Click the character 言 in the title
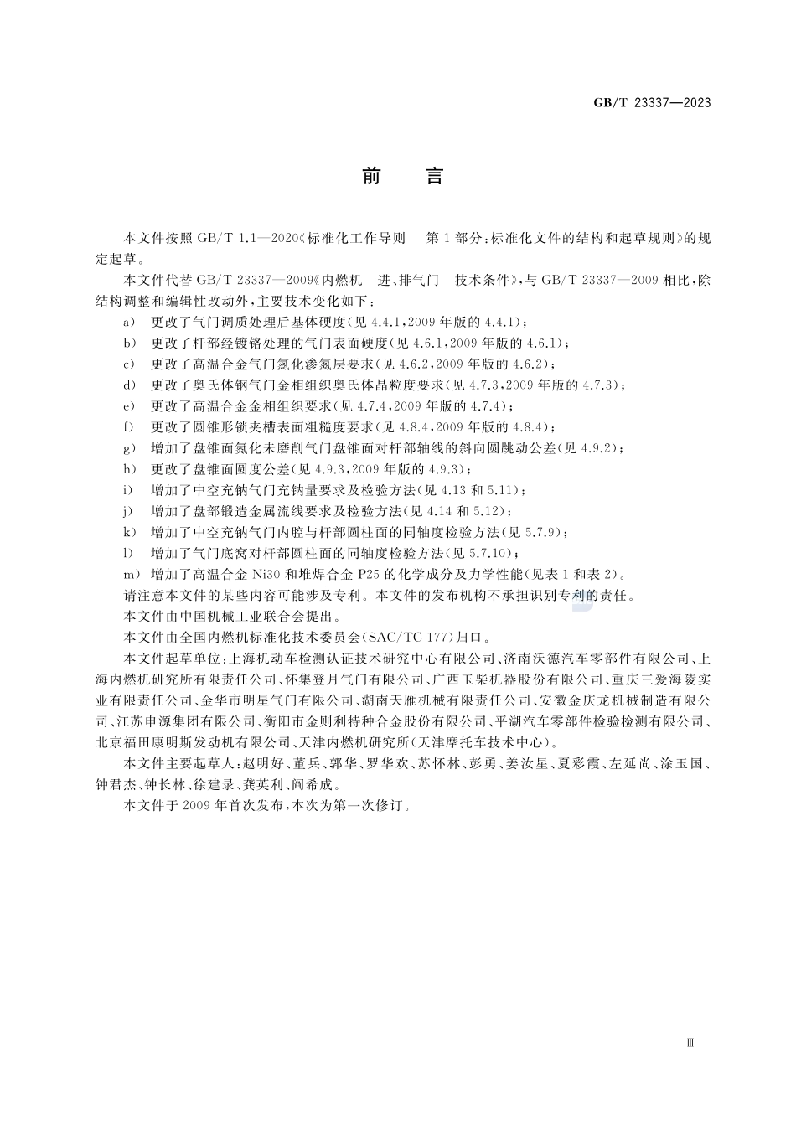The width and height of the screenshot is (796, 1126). coord(434,177)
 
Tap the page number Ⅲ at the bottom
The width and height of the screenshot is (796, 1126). coord(690,1043)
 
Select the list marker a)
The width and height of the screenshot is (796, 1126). coord(129,322)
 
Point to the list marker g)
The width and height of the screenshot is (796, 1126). coord(129,448)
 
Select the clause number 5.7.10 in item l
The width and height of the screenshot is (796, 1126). coord(494,553)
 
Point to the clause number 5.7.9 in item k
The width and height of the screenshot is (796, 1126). coord(549,532)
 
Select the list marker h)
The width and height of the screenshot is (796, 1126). coord(129,469)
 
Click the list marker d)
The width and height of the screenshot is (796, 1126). coord(129,385)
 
